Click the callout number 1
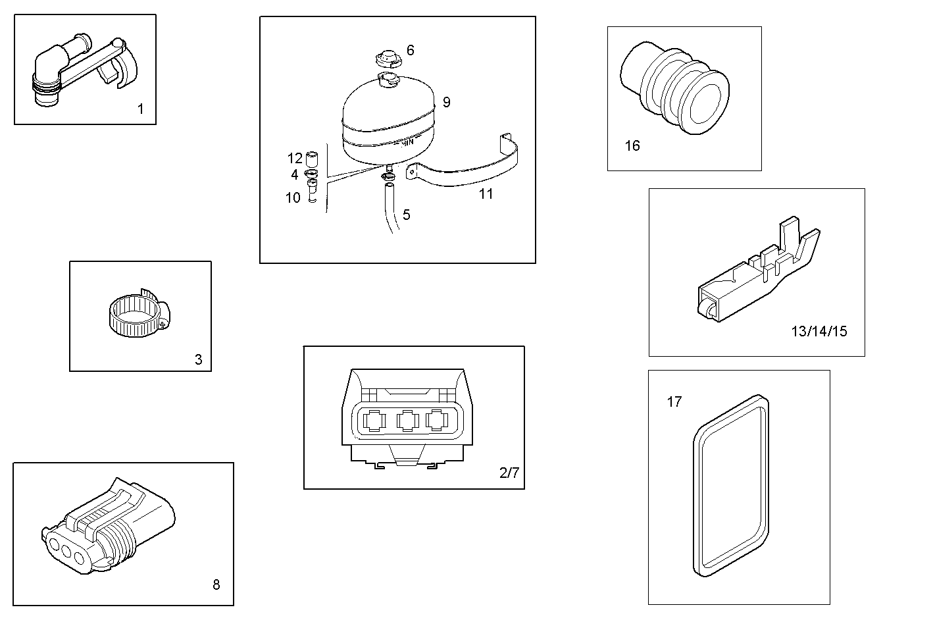[140, 109]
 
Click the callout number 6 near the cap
[411, 50]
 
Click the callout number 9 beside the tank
[447, 102]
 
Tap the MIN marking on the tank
[407, 142]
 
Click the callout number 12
[295, 158]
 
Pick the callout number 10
[293, 197]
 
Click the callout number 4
[295, 174]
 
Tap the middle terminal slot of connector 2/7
[406, 420]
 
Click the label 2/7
[509, 473]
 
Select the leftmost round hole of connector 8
[54, 544]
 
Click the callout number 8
[216, 584]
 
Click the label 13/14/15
[819, 331]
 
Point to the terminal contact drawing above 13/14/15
[757, 273]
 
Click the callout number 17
[674, 402]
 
